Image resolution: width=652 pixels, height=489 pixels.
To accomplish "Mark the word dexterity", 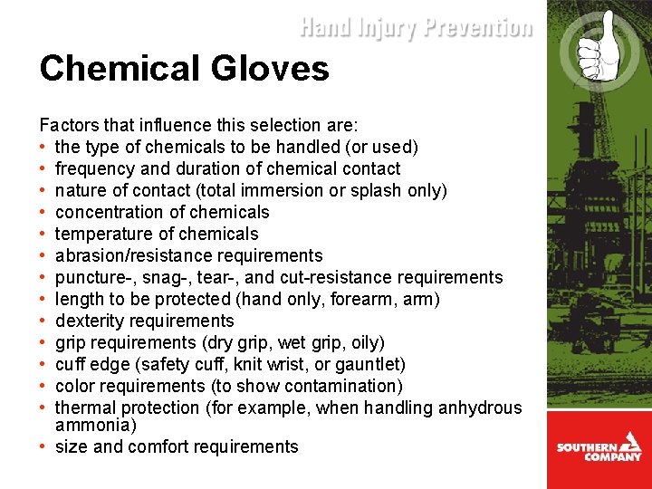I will (89, 321).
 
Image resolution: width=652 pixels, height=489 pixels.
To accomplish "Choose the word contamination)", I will (344, 386).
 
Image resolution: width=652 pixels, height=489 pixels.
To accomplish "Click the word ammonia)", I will (86, 425).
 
